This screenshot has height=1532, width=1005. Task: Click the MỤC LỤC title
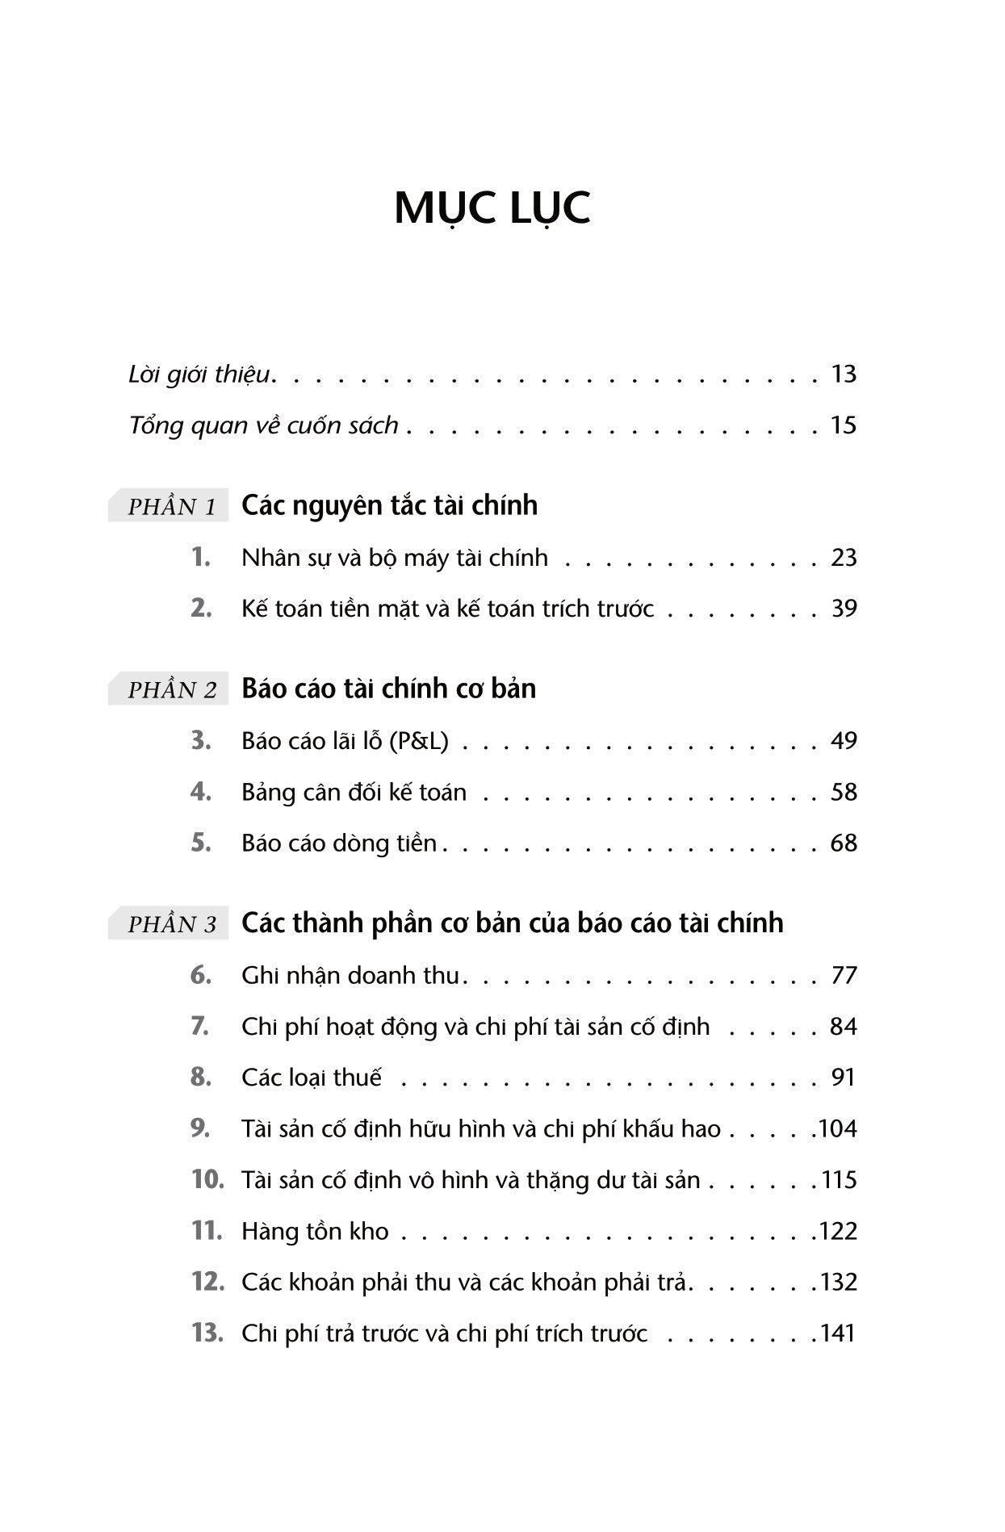(x=492, y=208)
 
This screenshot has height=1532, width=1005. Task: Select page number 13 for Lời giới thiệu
(x=843, y=375)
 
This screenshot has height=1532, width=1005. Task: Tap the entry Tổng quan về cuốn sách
(x=264, y=425)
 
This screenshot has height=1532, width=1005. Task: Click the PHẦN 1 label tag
(x=171, y=507)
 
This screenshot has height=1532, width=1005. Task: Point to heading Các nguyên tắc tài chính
(x=389, y=505)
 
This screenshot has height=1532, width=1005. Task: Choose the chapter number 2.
(x=201, y=609)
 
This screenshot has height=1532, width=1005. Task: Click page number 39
(x=843, y=609)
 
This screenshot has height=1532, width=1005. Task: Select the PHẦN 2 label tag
(x=171, y=690)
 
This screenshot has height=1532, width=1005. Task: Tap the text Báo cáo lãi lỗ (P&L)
(x=345, y=741)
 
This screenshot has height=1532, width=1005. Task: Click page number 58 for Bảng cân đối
(x=843, y=792)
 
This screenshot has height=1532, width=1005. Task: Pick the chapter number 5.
(x=201, y=843)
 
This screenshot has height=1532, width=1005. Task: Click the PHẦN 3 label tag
(x=171, y=924)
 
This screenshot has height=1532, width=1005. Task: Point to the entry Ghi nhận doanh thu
(x=350, y=976)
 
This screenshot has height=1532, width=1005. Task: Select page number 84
(x=843, y=1027)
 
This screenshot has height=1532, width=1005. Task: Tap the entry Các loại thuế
(x=312, y=1078)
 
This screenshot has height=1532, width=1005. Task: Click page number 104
(x=837, y=1128)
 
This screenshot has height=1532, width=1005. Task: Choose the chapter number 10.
(x=207, y=1179)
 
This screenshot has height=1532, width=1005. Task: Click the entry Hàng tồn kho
(x=315, y=1231)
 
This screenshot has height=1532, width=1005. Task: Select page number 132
(x=837, y=1282)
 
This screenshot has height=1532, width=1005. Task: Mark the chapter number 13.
(x=207, y=1333)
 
